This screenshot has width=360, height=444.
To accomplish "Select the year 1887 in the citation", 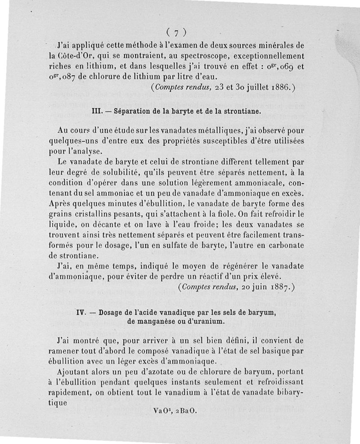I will [x=274, y=286].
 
